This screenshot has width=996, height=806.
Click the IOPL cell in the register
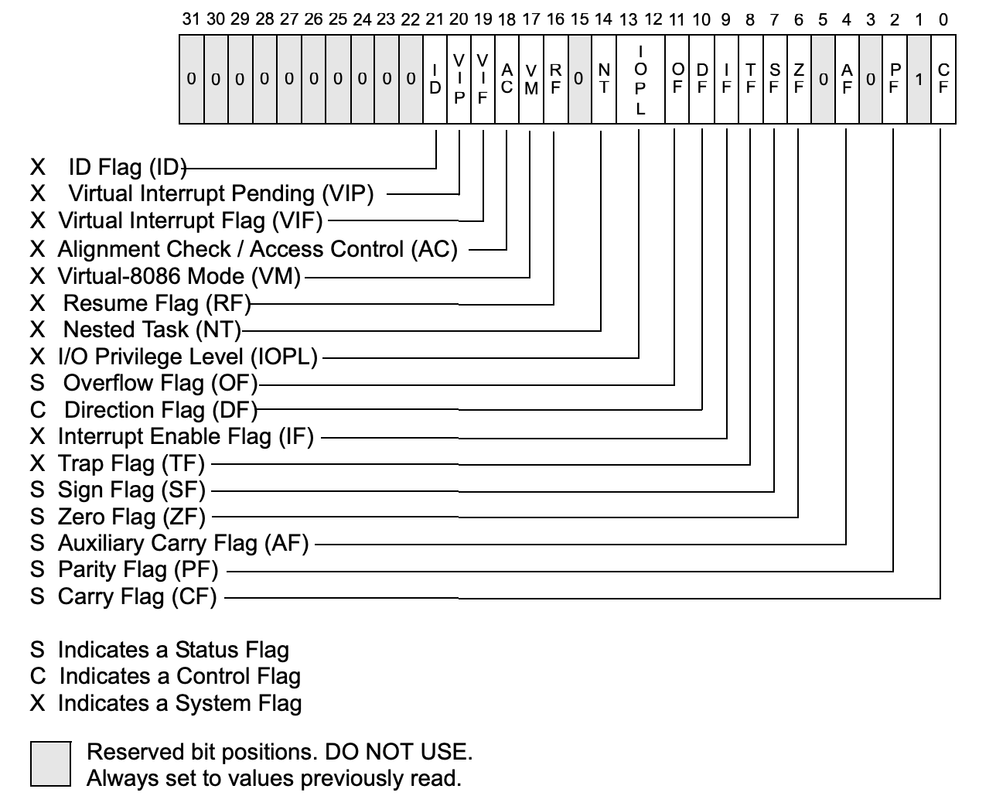point(640,80)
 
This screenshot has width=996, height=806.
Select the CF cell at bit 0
point(943,80)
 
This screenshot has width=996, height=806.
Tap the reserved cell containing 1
point(919,80)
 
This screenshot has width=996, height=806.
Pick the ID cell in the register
point(435,80)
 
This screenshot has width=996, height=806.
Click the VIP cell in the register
point(459,80)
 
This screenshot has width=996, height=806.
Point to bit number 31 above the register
point(191,19)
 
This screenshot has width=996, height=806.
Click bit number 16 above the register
point(555,19)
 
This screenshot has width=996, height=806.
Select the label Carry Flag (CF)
point(138,596)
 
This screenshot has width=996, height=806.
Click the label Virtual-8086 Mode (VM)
point(179,276)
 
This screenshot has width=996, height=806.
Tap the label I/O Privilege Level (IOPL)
point(188,357)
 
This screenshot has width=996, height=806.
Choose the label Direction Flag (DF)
point(161,410)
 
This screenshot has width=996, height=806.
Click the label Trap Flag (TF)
point(131,463)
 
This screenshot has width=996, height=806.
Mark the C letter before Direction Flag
point(38,410)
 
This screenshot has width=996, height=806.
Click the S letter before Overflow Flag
point(38,383)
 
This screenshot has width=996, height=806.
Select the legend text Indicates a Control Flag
point(179,676)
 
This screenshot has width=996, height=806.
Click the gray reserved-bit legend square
point(51,764)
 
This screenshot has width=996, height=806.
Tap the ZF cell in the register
point(798,80)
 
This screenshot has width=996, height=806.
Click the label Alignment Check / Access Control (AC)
point(258,249)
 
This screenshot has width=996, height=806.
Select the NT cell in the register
point(604,80)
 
